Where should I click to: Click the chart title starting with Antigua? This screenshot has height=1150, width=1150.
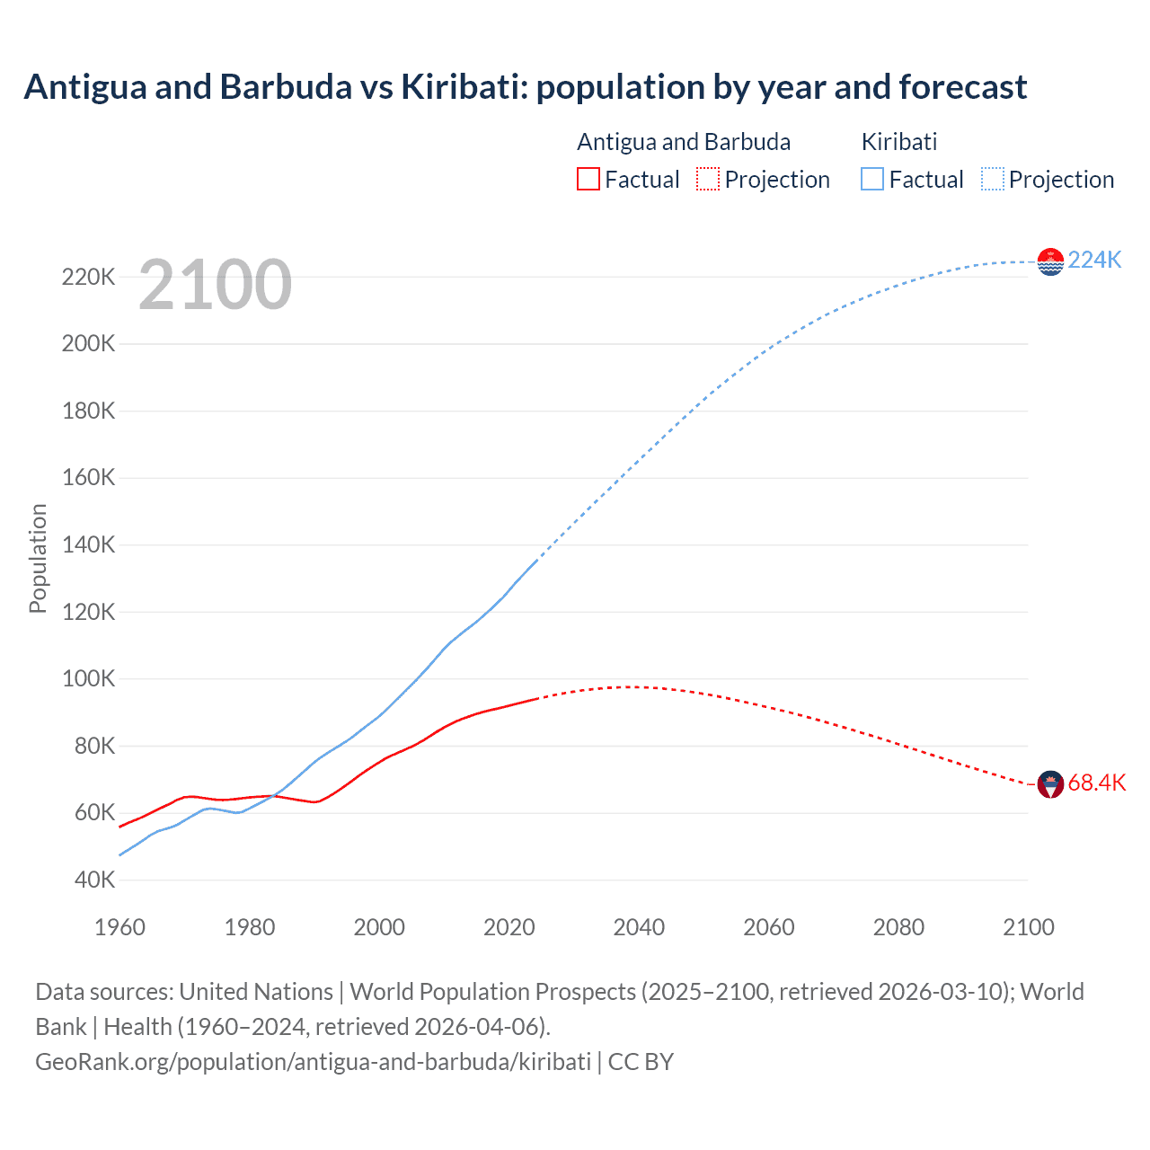click(x=525, y=87)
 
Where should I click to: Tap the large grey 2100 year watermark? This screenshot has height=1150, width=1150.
click(x=215, y=285)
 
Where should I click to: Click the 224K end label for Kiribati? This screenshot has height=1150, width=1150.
click(x=1094, y=260)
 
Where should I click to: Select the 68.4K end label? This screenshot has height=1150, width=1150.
click(x=1096, y=783)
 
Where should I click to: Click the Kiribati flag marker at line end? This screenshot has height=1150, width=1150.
click(x=1050, y=261)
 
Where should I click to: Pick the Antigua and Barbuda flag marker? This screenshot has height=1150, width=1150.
click(x=1050, y=783)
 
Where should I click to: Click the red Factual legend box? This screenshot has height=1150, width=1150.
click(x=588, y=179)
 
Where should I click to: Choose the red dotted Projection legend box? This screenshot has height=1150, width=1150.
click(x=708, y=179)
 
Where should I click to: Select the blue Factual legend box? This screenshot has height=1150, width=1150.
click(x=872, y=179)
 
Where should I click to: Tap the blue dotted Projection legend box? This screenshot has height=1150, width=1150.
click(x=993, y=179)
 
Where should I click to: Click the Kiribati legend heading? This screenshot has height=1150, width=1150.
click(x=898, y=142)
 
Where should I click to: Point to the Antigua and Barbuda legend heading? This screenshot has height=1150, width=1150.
click(x=684, y=142)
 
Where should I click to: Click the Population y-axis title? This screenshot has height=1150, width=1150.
click(x=38, y=558)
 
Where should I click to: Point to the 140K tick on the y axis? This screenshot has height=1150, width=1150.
click(x=88, y=545)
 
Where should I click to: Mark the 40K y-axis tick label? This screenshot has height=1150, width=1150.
click(x=93, y=880)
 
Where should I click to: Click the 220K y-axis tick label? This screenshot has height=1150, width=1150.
click(x=88, y=277)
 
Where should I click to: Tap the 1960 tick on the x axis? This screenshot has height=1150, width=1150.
click(x=119, y=927)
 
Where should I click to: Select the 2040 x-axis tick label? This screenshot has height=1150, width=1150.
click(x=639, y=927)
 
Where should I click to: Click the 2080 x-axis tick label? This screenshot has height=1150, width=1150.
click(x=898, y=927)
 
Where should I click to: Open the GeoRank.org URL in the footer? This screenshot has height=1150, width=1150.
click(x=313, y=1061)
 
